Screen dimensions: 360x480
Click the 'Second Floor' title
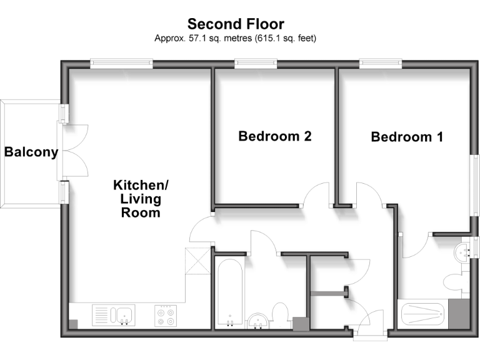point(236,24)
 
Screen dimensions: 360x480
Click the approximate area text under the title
point(236,38)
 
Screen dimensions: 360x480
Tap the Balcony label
point(31,152)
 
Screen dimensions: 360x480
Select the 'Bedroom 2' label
point(275,136)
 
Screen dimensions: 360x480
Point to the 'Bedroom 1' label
point(407,137)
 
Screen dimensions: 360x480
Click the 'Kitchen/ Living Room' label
point(141,199)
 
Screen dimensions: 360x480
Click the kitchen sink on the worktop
point(112,314)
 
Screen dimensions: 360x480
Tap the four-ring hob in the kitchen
point(166,316)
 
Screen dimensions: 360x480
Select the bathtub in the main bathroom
point(231,294)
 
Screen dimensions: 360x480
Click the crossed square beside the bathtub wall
point(199,260)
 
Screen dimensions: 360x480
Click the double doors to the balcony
point(72,152)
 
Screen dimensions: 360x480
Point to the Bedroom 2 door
point(316,194)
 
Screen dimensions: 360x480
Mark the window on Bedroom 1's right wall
point(476,184)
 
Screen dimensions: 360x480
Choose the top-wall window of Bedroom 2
point(256,62)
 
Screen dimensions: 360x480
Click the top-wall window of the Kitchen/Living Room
point(121,62)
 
